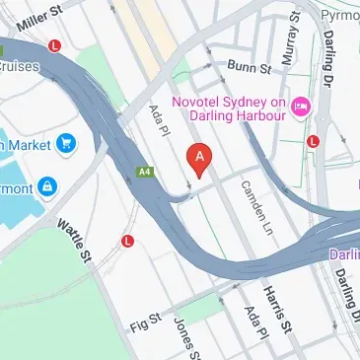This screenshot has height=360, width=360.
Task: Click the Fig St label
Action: click(x=143, y=324)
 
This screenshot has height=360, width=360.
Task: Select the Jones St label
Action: click(x=187, y=336)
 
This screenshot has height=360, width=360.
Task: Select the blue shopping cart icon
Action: click(x=67, y=144)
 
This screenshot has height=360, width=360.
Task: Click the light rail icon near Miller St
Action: click(x=55, y=45)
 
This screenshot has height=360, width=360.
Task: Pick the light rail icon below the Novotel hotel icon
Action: click(x=314, y=141)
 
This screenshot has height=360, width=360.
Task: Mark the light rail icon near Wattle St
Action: click(x=127, y=241)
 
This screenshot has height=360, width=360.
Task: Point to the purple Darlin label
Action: click(x=344, y=252)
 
